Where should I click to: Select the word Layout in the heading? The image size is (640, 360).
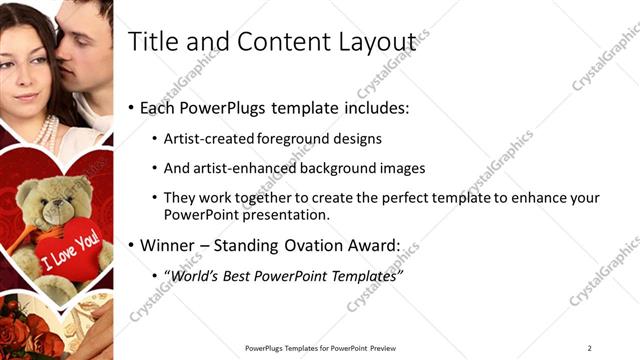click(377, 41)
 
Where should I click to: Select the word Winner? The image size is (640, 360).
click(168, 244)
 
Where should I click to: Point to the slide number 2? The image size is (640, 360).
click(590, 347)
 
